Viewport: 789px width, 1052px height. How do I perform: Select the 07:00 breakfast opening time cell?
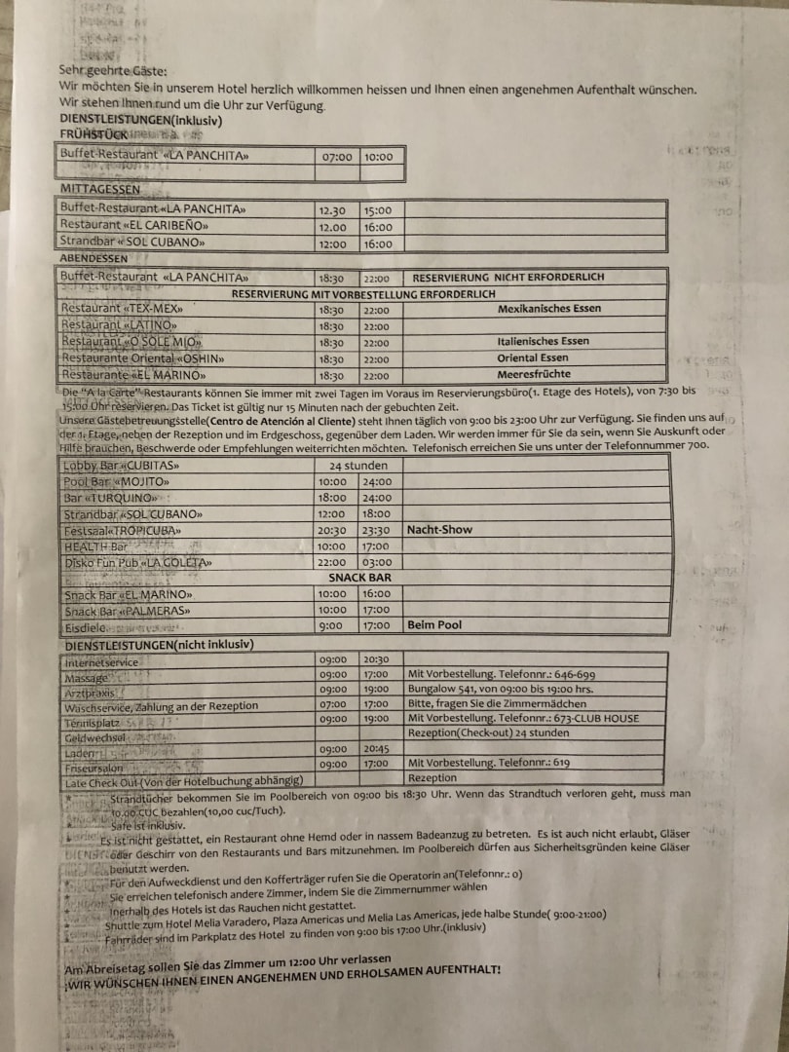tap(337, 156)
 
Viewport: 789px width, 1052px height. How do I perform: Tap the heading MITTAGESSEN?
tap(100, 189)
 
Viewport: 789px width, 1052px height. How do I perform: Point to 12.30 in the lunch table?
tap(332, 209)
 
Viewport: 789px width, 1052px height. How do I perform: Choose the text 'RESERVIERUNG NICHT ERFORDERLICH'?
tap(508, 277)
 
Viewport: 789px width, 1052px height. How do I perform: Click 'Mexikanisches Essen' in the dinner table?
tap(548, 309)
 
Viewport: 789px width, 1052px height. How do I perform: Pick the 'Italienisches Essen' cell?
tap(543, 342)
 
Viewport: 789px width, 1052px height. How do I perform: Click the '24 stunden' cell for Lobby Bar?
tap(358, 466)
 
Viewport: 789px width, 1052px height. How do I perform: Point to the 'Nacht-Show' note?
tap(439, 530)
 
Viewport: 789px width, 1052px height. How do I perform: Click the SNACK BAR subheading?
tap(359, 578)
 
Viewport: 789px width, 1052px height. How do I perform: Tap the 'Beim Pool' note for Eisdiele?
tap(434, 625)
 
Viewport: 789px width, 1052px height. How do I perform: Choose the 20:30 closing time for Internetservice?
tap(376, 659)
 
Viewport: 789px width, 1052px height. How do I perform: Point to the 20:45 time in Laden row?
tap(376, 749)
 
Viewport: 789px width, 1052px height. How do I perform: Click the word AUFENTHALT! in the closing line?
tap(458, 971)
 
